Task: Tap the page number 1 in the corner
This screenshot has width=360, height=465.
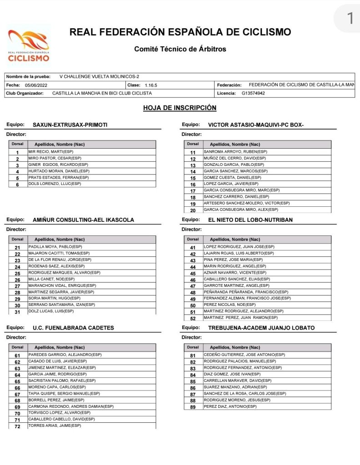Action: [x=350, y=18]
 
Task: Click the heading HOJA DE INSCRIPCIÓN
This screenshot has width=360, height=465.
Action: [x=180, y=108]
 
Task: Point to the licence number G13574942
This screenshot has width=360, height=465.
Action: [x=253, y=93]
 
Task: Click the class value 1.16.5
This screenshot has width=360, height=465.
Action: [x=151, y=85]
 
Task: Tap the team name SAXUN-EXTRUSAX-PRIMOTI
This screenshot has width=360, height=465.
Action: [x=70, y=125]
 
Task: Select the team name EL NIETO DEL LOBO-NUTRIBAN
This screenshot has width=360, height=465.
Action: [x=250, y=220]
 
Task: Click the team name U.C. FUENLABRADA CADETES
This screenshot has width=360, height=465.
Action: [x=73, y=328]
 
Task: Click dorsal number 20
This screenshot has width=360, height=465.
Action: [x=193, y=210]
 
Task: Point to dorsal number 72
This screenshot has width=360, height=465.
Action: [x=17, y=426]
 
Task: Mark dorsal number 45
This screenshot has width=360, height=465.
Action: [x=193, y=274]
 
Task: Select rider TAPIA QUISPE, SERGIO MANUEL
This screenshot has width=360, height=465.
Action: [x=64, y=394]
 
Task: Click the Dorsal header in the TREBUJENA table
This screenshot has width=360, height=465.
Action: [x=193, y=347]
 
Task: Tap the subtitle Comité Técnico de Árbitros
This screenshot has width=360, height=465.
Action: [x=180, y=49]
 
